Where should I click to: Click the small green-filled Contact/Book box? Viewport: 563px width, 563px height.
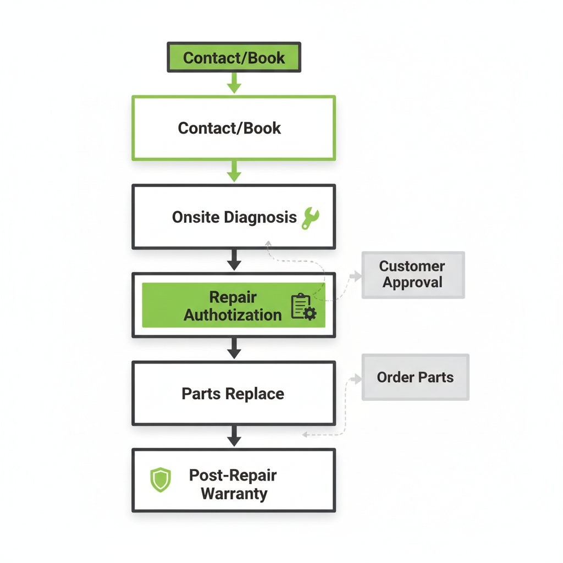[234, 58]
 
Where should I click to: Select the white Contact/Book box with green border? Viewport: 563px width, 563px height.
[234, 128]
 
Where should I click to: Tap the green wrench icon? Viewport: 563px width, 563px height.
[310, 218]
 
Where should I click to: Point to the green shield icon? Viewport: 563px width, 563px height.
[161, 479]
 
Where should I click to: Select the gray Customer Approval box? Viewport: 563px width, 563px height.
[413, 275]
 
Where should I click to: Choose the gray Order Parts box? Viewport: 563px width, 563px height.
[415, 377]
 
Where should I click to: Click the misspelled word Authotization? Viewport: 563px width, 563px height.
[233, 315]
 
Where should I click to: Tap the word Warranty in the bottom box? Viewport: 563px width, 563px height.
[234, 493]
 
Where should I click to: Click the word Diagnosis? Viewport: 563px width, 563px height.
[261, 217]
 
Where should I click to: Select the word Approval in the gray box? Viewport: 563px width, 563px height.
[412, 283]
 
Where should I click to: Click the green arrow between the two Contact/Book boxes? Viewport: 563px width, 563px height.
[234, 84]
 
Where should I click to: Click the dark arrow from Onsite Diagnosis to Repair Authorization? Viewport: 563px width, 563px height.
[234, 261]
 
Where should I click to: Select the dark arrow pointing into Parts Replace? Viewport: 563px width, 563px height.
[234, 349]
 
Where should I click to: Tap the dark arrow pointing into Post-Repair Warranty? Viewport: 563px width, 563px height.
[234, 438]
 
